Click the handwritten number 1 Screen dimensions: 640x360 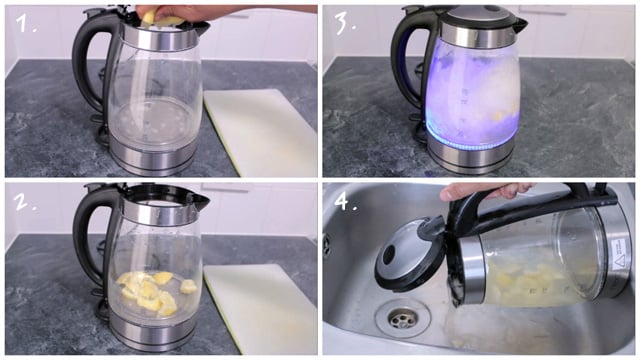coord(26,23)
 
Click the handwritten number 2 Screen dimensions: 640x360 coord(25,201)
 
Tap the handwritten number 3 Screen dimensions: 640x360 coord(345,23)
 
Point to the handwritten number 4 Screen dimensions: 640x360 coord(346,201)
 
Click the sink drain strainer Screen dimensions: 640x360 coord(402,318)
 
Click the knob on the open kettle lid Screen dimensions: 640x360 coord(389,255)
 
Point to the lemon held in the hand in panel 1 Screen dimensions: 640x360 coord(160,19)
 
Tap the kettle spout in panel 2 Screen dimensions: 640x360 coord(200,200)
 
